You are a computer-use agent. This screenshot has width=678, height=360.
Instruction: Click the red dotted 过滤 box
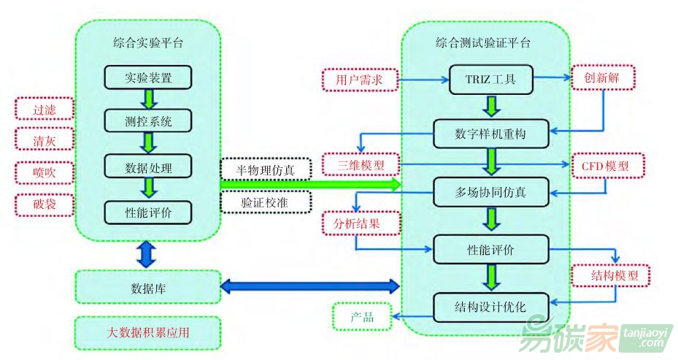[44, 110]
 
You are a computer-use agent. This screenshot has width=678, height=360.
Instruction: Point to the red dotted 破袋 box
[44, 204]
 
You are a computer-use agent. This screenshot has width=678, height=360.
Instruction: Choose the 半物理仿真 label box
[266, 169]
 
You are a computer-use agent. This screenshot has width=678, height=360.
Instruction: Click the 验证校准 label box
[266, 202]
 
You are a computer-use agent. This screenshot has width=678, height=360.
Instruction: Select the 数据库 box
[147, 288]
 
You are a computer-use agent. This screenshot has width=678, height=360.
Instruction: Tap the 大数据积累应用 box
[147, 333]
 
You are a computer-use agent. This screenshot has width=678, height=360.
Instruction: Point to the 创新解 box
[603, 77]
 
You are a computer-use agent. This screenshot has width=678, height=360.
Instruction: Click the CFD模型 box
[604, 166]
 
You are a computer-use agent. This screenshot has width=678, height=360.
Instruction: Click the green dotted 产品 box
[361, 317]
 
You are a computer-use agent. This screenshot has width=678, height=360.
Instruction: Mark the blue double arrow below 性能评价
[147, 253]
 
